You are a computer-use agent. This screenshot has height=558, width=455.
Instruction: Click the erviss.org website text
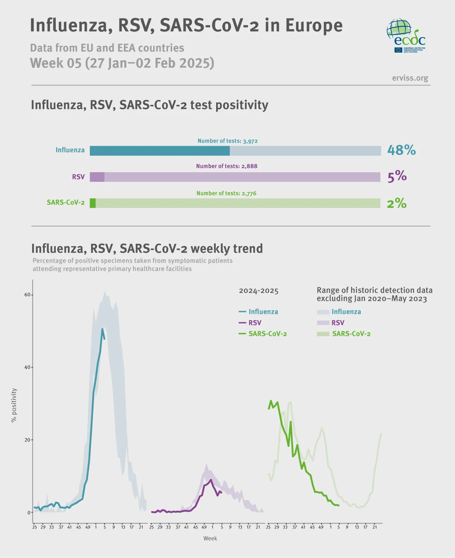[410, 78]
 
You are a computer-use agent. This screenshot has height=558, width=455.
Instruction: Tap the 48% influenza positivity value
[401, 150]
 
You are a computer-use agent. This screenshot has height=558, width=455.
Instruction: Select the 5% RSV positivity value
[397, 176]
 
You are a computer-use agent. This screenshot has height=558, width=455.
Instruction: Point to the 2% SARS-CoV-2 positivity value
[396, 203]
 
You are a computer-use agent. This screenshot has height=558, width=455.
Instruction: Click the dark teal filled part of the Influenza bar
[159, 151]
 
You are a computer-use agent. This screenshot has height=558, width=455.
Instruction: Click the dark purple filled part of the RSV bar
[97, 177]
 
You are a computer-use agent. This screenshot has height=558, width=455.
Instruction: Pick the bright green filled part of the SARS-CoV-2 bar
[93, 203]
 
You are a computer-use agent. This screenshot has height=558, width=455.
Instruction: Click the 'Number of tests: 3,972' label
[227, 141]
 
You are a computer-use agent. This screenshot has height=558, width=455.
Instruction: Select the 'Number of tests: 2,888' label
[226, 166]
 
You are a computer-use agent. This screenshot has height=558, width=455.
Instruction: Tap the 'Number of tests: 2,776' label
[226, 193]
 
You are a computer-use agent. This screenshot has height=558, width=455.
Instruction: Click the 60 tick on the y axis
[27, 295]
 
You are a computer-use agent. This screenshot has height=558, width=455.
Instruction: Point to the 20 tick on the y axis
[27, 440]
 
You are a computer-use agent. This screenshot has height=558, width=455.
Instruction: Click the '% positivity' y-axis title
[14, 405]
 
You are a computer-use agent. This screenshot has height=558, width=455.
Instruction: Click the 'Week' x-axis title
[210, 538]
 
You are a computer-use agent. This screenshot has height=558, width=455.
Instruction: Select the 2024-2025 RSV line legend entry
[250, 323]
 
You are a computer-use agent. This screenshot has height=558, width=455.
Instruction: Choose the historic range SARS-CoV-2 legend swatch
[323, 334]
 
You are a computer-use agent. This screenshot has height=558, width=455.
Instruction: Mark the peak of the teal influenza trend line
[102, 329]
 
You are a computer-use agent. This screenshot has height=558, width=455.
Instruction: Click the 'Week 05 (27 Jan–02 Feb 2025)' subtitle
[122, 63]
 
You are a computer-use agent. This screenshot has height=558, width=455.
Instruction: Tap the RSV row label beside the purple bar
[78, 177]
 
